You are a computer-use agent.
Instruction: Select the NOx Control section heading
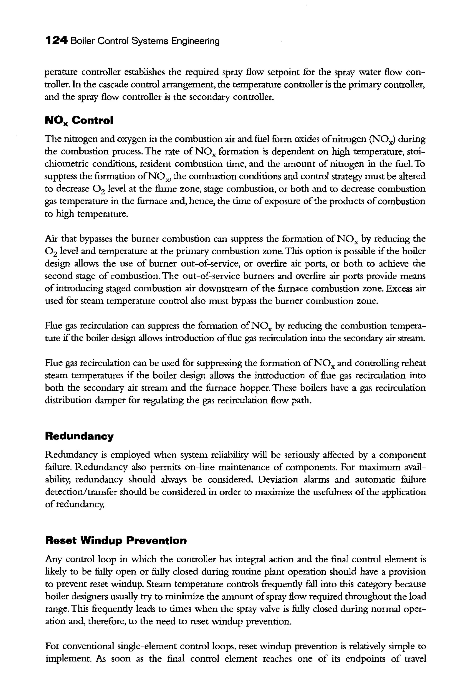tap(79, 120)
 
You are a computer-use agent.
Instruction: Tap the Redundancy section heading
tap(79, 436)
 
